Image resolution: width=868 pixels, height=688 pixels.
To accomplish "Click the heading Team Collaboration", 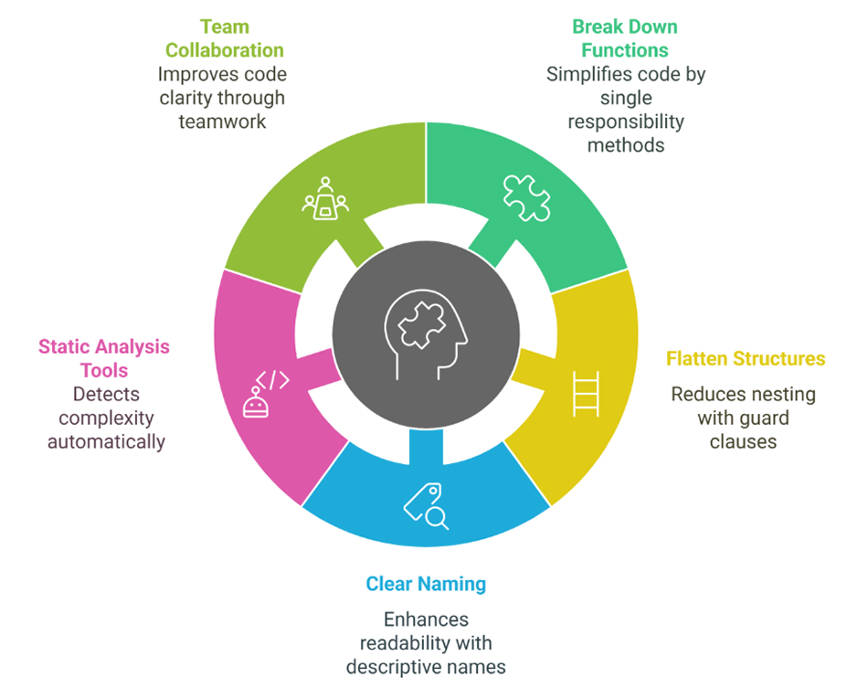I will pos(224,39).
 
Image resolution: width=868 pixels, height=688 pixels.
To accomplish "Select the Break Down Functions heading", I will pos(626,39).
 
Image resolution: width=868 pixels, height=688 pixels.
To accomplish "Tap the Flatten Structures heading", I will pos(746,358).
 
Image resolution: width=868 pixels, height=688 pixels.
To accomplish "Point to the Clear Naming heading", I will pos(426,583).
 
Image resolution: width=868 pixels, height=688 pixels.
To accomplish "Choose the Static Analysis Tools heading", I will pos(104,358).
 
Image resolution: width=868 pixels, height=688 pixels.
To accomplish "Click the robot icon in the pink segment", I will pos(255,402).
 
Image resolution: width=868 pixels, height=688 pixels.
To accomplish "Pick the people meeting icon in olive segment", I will pos(325,198).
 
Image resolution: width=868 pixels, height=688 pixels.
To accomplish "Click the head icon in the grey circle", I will pos(425,334).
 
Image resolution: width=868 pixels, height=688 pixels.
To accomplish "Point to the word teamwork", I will pos(224,121).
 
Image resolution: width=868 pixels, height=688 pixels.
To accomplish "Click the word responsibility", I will pos(626,122).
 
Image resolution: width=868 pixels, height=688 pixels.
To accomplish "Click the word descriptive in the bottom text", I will pos(399,666).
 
